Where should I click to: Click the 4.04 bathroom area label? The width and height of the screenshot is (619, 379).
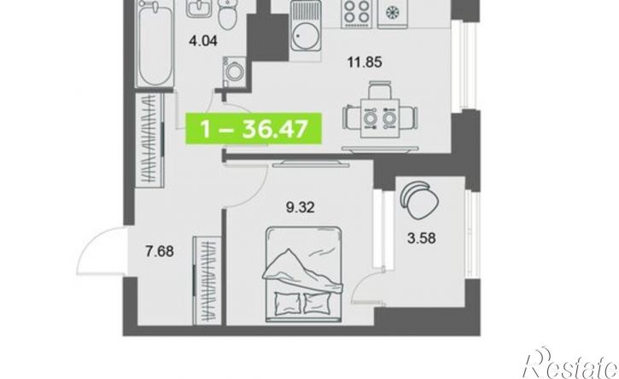[x=203, y=40]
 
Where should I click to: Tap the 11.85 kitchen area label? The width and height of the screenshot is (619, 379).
[x=365, y=62]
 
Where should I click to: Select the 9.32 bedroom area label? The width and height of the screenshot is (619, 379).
[x=300, y=207]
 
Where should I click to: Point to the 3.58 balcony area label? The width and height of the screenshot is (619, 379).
[x=422, y=238]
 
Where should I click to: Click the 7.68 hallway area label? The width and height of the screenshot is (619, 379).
[x=160, y=251]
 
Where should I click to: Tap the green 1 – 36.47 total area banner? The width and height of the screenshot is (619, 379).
[x=254, y=128]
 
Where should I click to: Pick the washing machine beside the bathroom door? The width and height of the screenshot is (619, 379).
[x=233, y=72]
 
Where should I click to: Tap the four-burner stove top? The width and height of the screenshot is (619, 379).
[x=356, y=14]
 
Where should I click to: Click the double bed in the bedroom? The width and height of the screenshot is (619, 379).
[x=303, y=274]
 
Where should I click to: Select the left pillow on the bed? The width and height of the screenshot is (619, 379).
[x=288, y=303]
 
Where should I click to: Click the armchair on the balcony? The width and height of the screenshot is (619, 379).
[x=419, y=200]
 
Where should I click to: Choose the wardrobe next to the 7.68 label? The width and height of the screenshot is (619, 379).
[x=207, y=280]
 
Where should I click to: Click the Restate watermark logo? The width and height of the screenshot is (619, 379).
[x=569, y=364]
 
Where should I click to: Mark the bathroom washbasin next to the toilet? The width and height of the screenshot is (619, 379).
[x=199, y=9]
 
